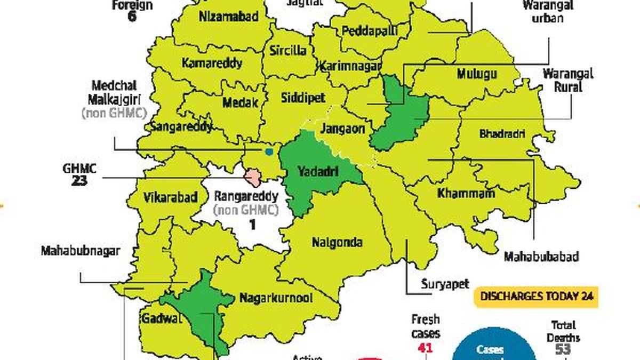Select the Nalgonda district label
coord(337,243)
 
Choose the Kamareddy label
coord(212,63)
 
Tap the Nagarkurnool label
coord(276,298)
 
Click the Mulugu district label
coord(477,75)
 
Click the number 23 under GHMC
coord(79,181)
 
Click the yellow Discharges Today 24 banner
coord(537,296)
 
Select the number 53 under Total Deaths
coord(563,349)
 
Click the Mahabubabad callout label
coord(541,257)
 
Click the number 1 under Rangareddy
coord(252,224)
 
